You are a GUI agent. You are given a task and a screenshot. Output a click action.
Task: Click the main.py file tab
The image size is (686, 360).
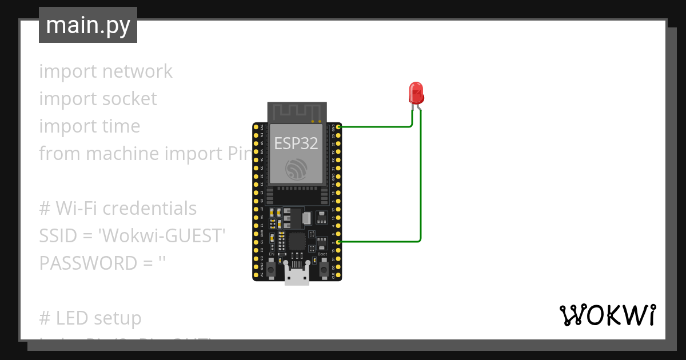pyautogui.click(x=87, y=25)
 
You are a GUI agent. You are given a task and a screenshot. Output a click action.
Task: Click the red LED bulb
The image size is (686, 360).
pyautogui.click(x=416, y=92)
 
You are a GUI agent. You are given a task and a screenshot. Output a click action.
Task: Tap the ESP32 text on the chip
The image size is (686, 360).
pyautogui.click(x=296, y=143)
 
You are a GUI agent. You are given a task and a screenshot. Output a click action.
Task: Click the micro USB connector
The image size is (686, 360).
pyautogui.click(x=297, y=277)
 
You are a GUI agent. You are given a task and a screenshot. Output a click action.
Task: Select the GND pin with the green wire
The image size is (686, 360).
pyautogui.click(x=339, y=126)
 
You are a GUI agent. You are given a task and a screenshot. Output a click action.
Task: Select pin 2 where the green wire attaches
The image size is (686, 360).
pyautogui.click(x=339, y=242)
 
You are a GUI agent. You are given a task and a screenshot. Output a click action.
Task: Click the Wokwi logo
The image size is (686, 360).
pyautogui.click(x=607, y=315)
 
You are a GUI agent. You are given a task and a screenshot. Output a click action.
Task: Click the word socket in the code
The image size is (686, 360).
pyautogui.click(x=127, y=98)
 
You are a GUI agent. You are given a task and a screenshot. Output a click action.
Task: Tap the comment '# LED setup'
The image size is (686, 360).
pyautogui.click(x=90, y=318)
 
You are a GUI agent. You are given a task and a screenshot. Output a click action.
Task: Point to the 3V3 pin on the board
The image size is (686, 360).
pyautogui.click(x=256, y=126)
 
